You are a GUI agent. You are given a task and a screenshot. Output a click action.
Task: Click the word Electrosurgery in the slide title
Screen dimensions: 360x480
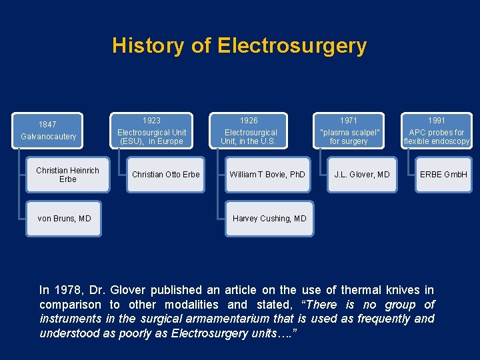coord(292,45)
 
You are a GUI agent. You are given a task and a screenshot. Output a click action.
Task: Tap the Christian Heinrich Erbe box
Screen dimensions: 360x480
coord(68,175)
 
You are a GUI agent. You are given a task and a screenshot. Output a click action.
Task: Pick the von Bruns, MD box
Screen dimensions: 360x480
coord(65,219)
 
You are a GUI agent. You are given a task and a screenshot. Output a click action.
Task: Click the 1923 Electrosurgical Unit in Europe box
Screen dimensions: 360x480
coord(152,131)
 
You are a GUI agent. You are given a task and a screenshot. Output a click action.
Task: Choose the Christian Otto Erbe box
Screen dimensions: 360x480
coord(166,175)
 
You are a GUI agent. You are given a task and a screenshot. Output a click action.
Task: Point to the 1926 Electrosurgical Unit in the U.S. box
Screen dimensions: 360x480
coord(249,131)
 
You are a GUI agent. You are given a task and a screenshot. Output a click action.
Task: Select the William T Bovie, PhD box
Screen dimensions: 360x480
coord(267,175)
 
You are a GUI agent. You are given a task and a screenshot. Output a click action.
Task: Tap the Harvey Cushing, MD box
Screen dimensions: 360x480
coord(269,219)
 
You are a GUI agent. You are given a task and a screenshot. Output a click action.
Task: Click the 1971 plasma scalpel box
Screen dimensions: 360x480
coord(349,131)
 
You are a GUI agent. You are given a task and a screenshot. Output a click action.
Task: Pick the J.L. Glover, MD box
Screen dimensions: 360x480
coord(362,175)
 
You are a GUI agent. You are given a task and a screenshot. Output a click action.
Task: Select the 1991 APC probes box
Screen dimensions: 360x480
coord(437,131)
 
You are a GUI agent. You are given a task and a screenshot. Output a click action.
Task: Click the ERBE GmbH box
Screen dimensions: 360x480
coord(443,175)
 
